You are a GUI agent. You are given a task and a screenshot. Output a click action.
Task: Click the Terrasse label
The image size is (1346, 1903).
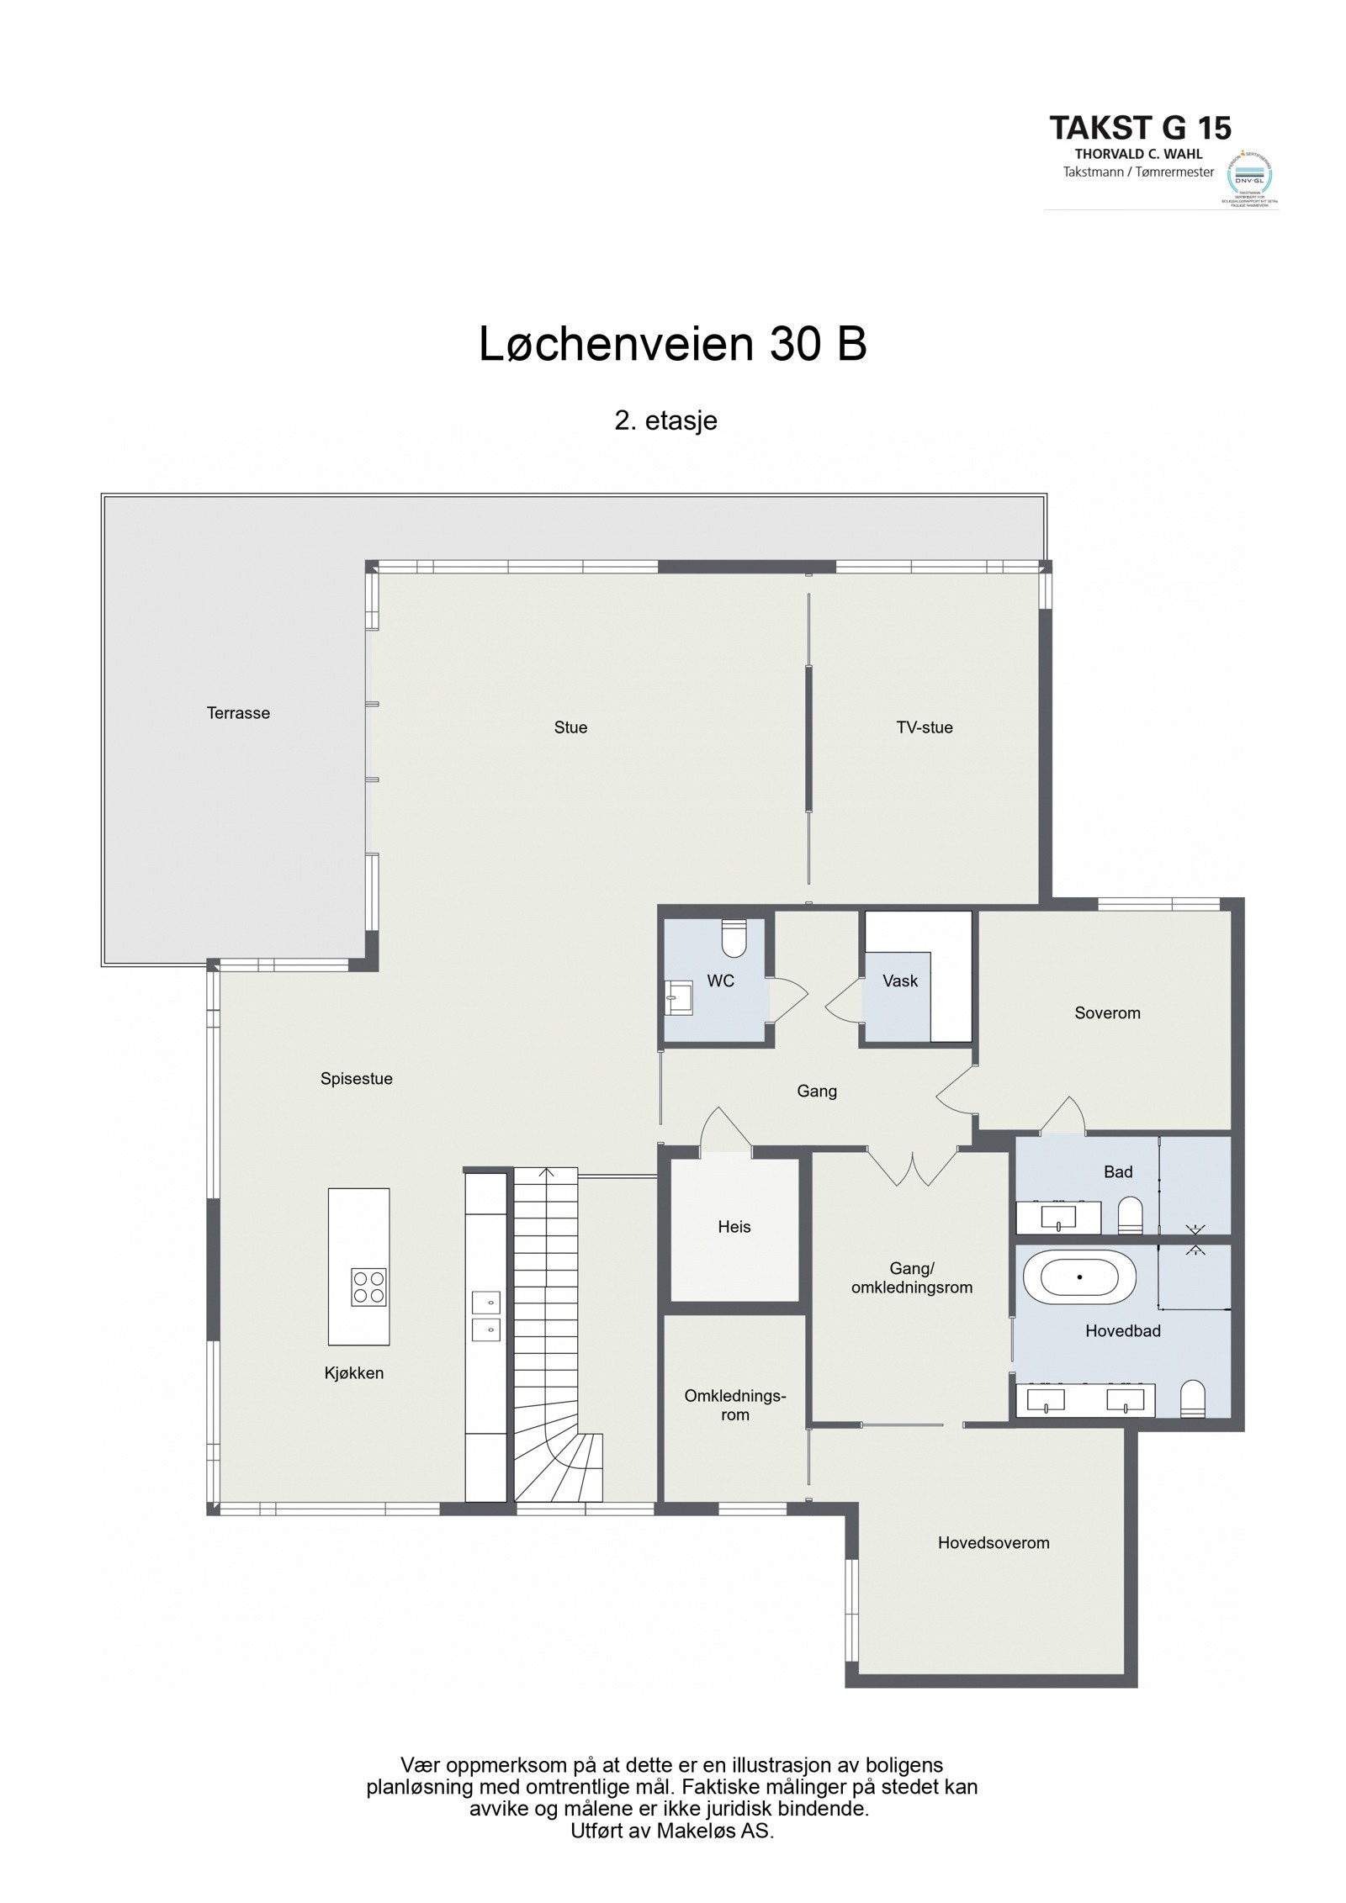[x=238, y=713]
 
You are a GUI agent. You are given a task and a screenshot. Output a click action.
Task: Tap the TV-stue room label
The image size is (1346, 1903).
[x=924, y=727]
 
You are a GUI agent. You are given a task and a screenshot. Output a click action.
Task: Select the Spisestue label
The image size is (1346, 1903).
[x=356, y=1079]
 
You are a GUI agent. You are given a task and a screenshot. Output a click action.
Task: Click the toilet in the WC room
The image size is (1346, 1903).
[x=734, y=939]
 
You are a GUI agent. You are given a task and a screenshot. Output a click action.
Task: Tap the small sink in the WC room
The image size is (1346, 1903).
[x=677, y=997]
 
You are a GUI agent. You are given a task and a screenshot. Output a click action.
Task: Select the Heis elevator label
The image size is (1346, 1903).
[x=734, y=1227]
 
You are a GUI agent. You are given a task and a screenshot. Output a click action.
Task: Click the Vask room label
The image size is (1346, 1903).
[x=899, y=981]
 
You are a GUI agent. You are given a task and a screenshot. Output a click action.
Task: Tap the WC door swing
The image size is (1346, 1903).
[x=789, y=997]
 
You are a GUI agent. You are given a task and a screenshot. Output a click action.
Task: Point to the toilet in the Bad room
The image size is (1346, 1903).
[x=1130, y=1216]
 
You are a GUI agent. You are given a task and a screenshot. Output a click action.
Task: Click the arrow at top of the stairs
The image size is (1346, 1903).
[x=546, y=1171]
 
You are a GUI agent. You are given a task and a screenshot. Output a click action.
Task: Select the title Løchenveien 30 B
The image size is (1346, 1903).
[x=672, y=345]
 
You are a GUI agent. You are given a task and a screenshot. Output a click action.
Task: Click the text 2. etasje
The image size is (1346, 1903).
[x=665, y=420]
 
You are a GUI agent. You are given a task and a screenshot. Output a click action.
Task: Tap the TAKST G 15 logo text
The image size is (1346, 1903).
[x=1140, y=128]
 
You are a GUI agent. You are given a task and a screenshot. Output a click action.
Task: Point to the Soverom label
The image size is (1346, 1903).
[x=1107, y=1013]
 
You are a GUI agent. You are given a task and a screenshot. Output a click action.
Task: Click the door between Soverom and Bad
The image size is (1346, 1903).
[x=1064, y=1117]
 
